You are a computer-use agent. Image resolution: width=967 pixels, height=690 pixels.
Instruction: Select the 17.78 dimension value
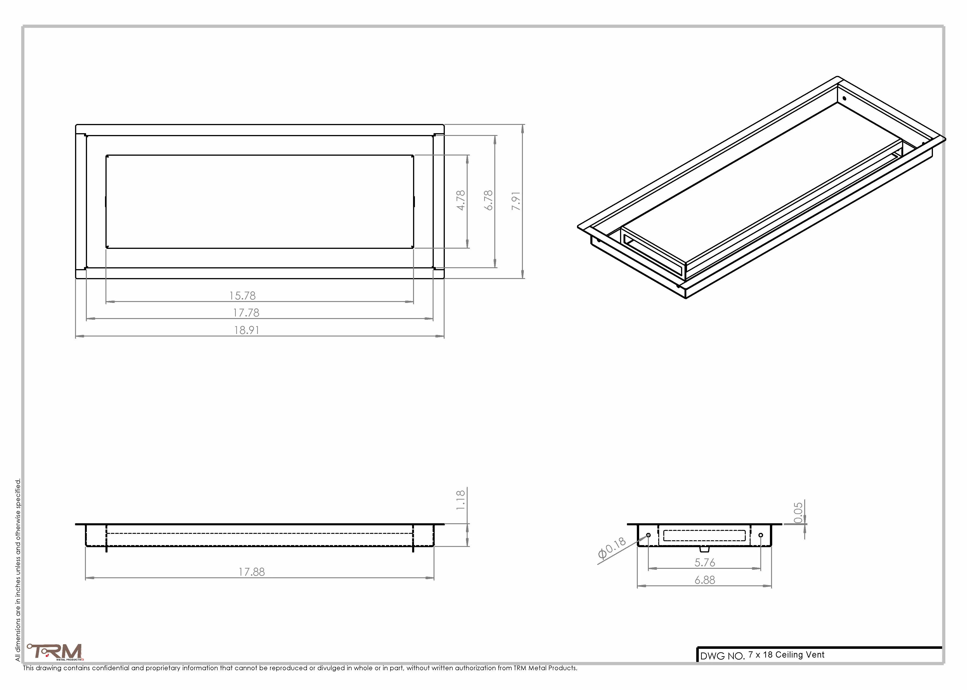point(246,313)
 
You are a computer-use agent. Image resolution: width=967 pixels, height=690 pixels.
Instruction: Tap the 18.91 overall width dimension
point(247,330)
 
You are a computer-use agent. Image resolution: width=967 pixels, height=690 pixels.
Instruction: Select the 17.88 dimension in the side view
point(251,572)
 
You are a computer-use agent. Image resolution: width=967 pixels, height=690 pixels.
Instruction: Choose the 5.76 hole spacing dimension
point(705,563)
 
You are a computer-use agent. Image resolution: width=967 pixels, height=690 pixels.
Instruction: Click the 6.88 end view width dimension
point(705,580)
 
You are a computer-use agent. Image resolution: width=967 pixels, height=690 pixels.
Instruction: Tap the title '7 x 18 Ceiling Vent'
point(786,655)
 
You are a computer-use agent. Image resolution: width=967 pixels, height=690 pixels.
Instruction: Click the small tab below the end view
point(705,549)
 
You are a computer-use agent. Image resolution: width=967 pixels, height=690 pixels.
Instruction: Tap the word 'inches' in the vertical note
point(18,589)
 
